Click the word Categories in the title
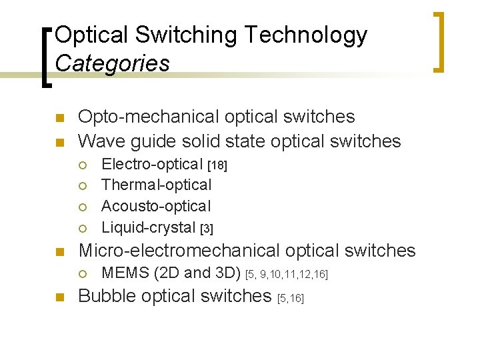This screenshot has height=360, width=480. [112, 63]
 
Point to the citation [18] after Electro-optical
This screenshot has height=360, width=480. [218, 165]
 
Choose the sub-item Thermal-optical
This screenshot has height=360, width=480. [156, 185]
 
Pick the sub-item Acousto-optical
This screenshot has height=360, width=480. [156, 206]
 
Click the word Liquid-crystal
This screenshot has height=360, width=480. [149, 227]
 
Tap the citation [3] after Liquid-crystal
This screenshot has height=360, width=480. [207, 229]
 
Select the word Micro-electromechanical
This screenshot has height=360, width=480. [179, 251]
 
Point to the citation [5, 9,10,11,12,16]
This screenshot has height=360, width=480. [287, 274]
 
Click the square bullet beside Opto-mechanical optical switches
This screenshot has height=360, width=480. [59, 119]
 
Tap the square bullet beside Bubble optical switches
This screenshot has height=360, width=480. [59, 297]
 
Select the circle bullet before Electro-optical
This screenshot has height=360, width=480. [83, 165]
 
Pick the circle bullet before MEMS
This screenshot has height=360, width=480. [83, 273]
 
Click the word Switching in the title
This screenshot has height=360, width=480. [176, 35]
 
